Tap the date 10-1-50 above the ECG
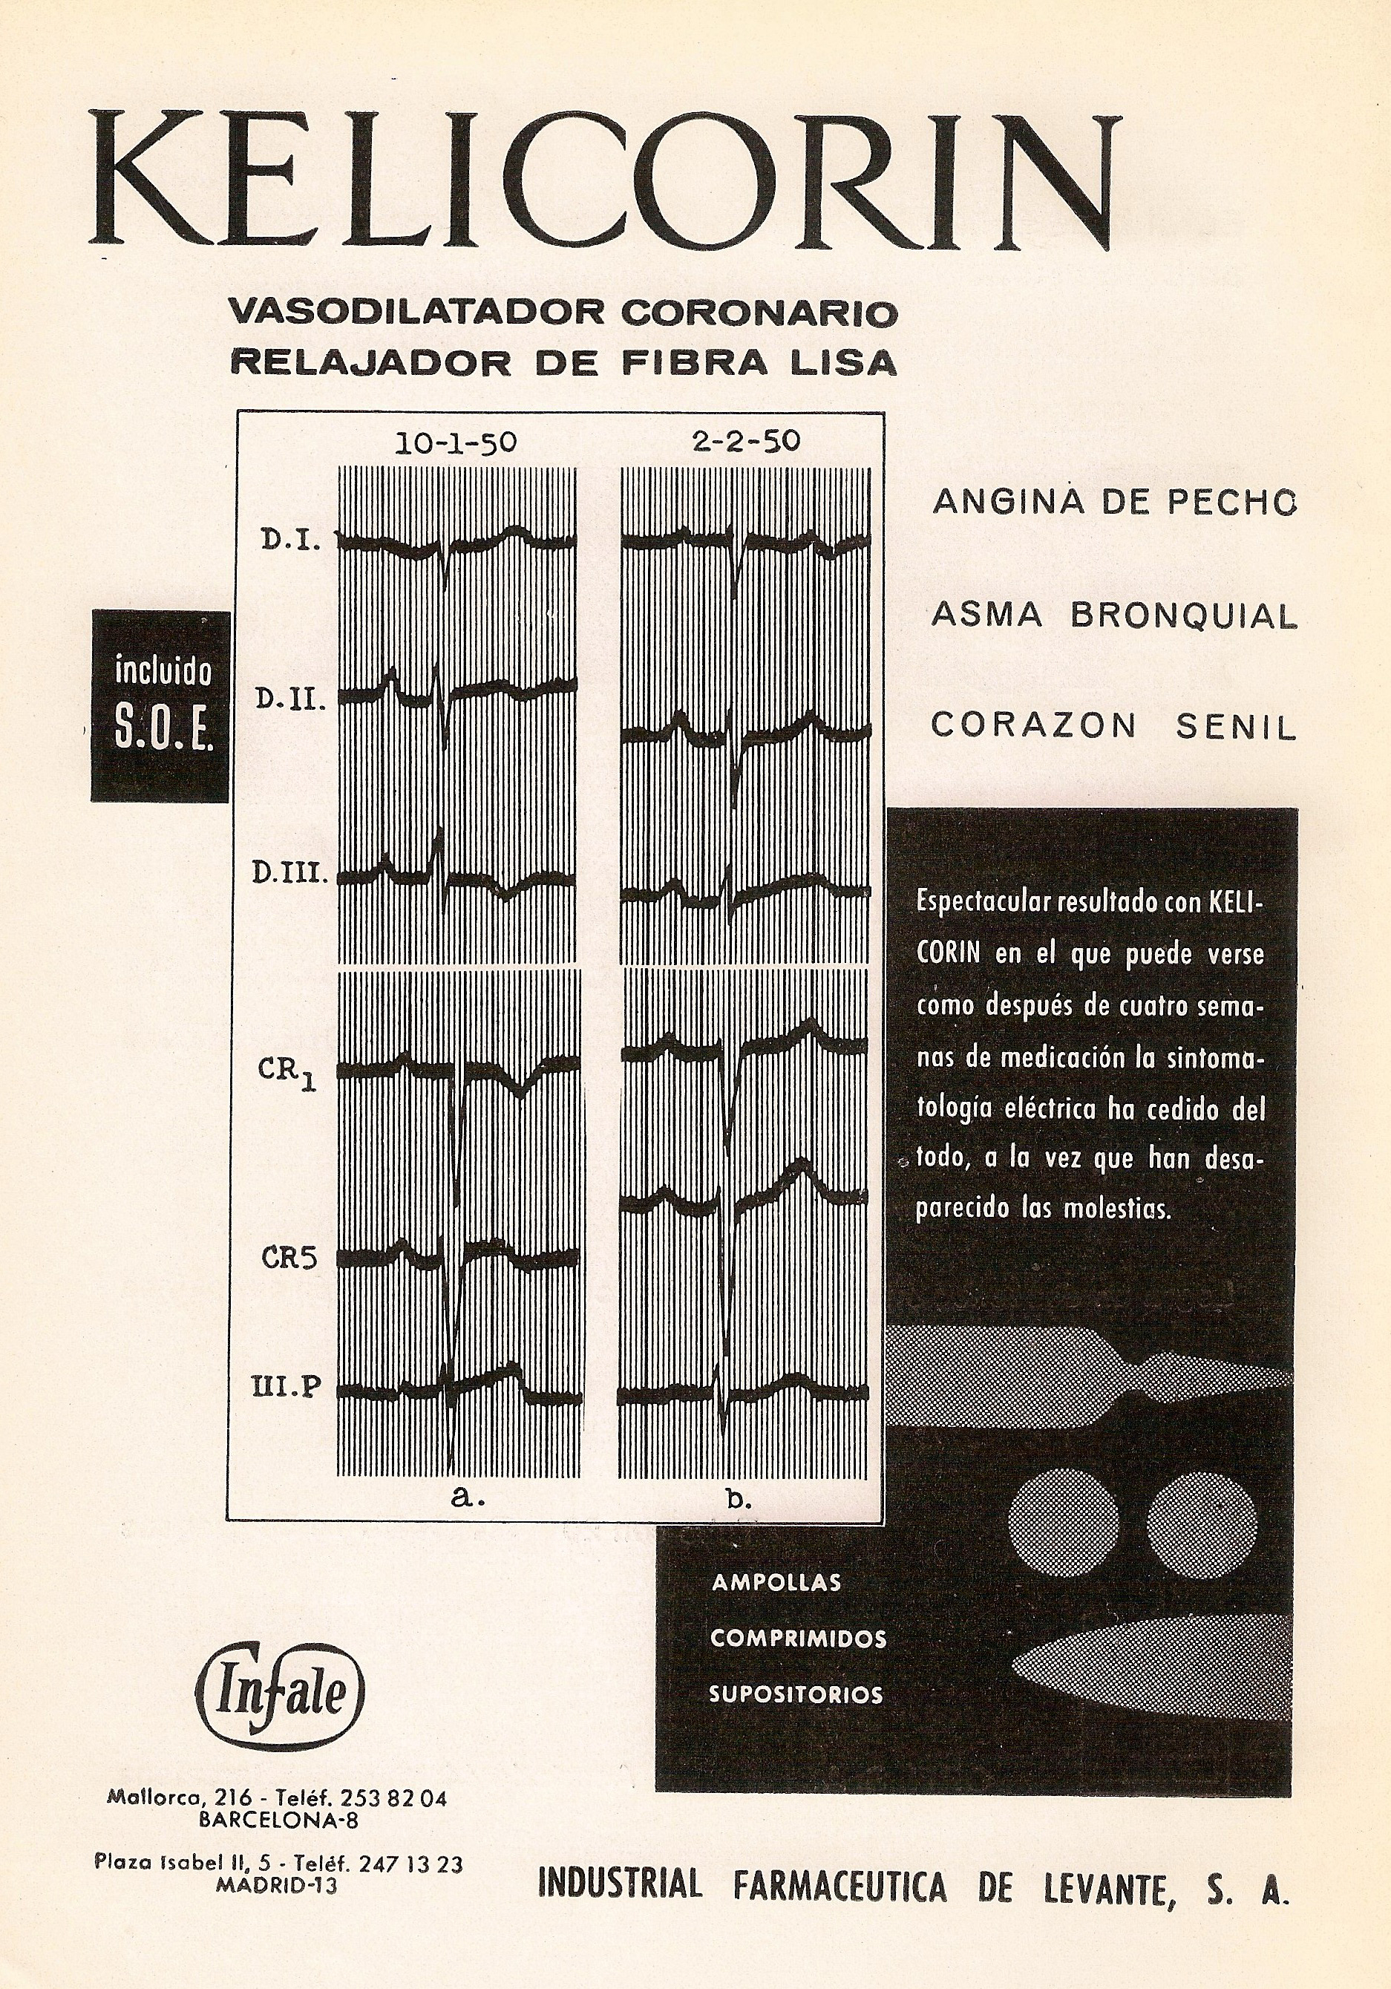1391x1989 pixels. point(456,443)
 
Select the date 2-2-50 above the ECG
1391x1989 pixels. point(747,442)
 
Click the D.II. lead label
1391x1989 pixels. point(290,699)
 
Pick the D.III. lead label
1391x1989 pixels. point(290,873)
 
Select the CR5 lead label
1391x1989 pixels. point(289,1258)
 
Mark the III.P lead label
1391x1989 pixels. point(287,1387)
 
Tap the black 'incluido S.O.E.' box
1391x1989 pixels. point(162,705)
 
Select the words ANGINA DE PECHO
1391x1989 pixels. point(1114,503)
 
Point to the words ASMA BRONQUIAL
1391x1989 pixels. point(1114,615)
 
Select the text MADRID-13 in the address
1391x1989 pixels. point(277,1885)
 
